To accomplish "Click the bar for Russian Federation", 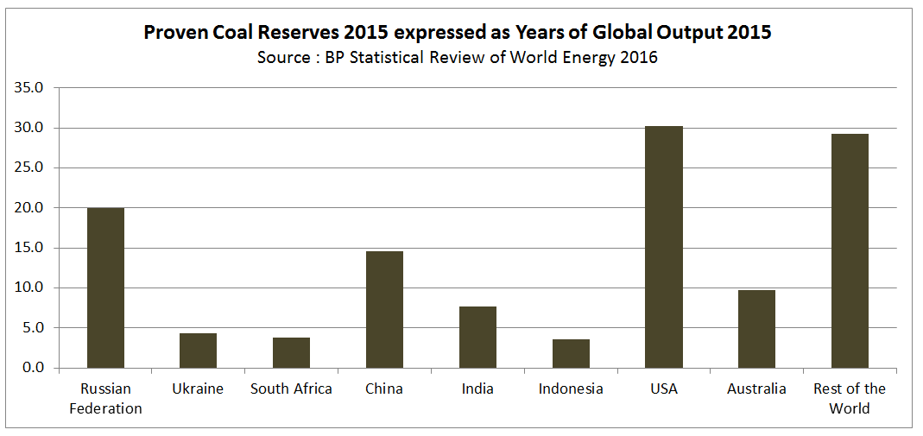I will (105, 288).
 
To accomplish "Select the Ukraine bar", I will (199, 351).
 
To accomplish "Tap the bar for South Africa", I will (291, 352).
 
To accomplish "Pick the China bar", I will (384, 309).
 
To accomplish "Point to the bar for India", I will (477, 337).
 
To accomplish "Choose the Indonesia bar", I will (571, 353).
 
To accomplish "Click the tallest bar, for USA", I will (664, 247).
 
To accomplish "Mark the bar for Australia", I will (756, 329).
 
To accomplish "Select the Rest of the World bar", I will (850, 250).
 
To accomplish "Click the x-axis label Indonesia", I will (571, 389).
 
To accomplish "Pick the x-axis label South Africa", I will (291, 389).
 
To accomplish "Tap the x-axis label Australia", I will (756, 389).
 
